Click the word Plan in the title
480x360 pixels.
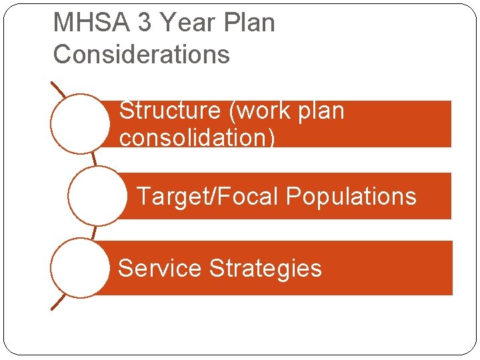tap(250, 23)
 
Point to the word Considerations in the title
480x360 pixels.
tap(141, 54)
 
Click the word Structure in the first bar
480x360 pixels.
tap(169, 111)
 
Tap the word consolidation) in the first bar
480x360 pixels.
tap(197, 138)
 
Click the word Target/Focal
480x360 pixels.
tap(207, 197)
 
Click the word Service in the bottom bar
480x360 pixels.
tap(159, 268)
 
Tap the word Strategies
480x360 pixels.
tap(265, 268)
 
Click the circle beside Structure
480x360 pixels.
tap(80, 124)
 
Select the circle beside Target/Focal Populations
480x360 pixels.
tap(97, 196)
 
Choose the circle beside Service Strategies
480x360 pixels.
tap(80, 267)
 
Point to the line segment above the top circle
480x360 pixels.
tap(59, 90)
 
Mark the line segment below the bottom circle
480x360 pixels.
tap(59, 302)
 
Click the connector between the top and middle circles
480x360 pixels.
tap(94, 159)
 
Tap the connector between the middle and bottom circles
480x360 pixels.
tap(94, 232)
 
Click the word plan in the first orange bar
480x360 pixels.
tap(319, 111)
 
